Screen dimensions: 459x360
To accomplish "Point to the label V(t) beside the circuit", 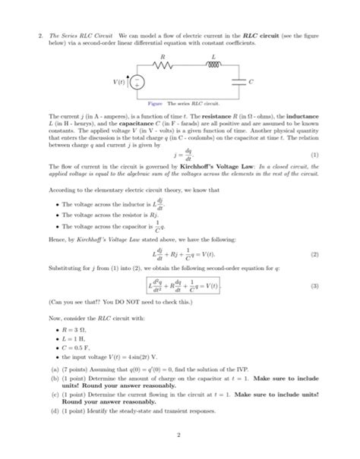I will [119, 81].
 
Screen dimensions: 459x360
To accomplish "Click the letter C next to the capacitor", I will [251, 80].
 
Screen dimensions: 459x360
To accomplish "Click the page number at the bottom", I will [181, 435].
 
